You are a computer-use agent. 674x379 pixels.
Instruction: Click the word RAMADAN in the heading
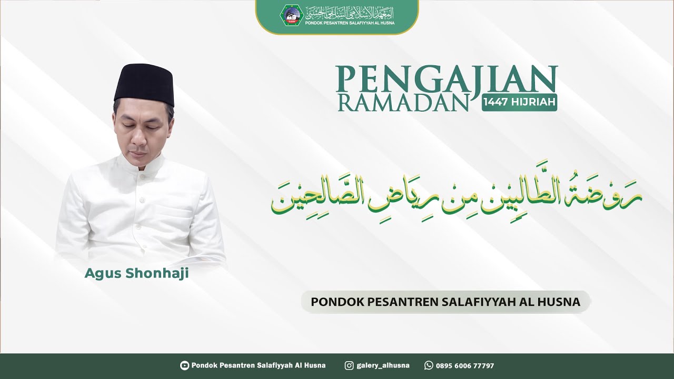[403, 103]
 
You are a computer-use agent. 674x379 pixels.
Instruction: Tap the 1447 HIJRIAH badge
[519, 103]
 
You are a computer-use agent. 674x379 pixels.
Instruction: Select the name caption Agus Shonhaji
[136, 274]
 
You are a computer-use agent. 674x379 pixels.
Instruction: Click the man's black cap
[144, 84]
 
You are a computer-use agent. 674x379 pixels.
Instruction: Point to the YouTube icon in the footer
[184, 365]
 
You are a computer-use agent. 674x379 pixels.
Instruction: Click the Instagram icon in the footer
[349, 365]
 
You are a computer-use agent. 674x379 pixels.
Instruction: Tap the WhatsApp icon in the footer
[429, 365]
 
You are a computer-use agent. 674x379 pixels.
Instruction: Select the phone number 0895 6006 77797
[465, 365]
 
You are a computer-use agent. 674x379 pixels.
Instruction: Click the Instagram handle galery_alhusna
[383, 365]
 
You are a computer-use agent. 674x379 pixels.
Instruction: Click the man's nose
[138, 139]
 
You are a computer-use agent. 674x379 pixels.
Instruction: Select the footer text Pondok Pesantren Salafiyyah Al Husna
[259, 365]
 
